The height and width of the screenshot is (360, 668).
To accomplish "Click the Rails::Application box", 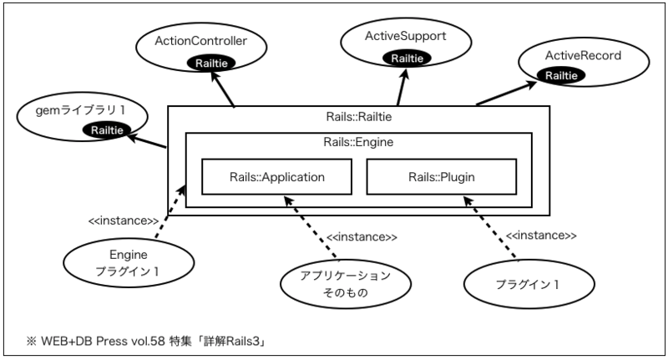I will pyautogui.click(x=276, y=177).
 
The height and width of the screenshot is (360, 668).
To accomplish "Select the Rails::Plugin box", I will pyautogui.click(x=442, y=177).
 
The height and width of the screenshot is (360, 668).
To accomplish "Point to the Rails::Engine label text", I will pyautogui.click(x=358, y=142).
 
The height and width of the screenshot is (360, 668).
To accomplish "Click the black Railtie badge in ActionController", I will pyautogui.click(x=210, y=63).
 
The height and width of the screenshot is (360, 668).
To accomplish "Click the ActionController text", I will pyautogui.click(x=200, y=40).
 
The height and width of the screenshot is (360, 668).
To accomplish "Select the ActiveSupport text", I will pyautogui.click(x=406, y=37).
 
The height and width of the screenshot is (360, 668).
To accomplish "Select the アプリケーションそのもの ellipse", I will pyautogui.click(x=334, y=284).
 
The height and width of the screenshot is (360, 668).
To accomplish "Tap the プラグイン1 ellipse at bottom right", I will pyautogui.click(x=514, y=282).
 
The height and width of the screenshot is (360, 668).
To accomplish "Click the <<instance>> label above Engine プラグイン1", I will pyautogui.click(x=124, y=221).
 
